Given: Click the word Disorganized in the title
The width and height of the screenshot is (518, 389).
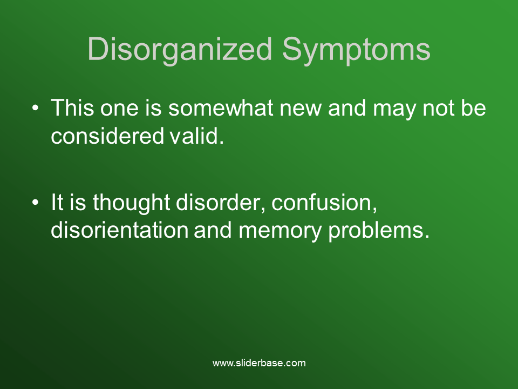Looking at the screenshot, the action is (180, 50).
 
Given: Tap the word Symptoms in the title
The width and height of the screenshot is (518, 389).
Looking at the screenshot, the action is (356, 50).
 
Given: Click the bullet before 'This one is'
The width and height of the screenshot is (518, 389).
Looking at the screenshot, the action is (36, 108).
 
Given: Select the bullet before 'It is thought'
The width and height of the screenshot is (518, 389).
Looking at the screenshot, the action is (36, 203).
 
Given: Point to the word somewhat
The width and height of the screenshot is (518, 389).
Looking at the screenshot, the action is (221, 108).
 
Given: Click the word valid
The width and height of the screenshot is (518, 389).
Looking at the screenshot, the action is (197, 136).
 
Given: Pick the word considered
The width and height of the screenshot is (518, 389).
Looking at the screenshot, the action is (107, 136).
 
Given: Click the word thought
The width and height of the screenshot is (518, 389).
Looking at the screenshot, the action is (131, 203).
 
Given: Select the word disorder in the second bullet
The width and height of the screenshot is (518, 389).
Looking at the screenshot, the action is (220, 202).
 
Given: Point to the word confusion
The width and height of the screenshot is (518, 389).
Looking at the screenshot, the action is (324, 202).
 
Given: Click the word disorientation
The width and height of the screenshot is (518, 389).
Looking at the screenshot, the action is (120, 230).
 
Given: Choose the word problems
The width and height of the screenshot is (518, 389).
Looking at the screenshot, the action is (379, 231).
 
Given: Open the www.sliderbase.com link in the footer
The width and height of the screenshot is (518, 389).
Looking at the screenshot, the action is (259, 363).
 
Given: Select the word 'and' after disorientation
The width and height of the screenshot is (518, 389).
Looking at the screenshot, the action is (213, 230).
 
